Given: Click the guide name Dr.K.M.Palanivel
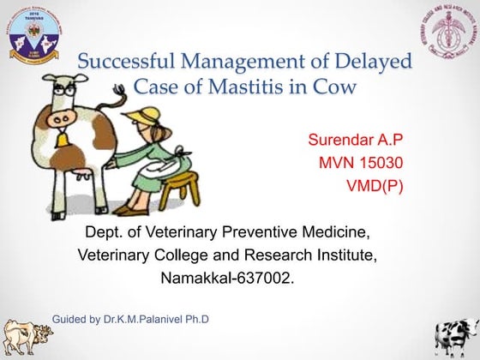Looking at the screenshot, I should pos(163,320).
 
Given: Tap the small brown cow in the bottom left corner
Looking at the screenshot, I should pos(21,336).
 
